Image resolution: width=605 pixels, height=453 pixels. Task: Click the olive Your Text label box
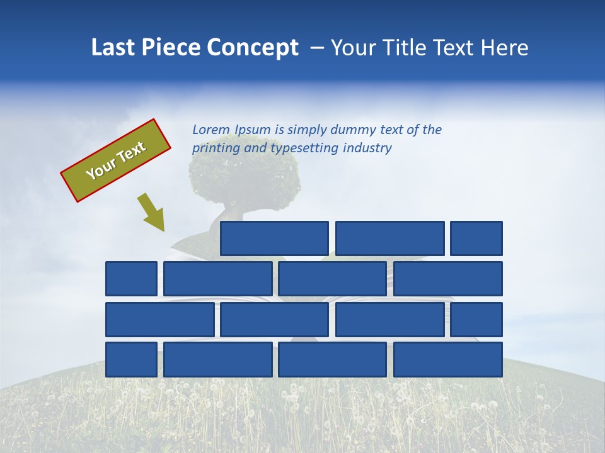(115, 160)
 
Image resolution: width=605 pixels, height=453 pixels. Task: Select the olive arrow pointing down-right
(151, 213)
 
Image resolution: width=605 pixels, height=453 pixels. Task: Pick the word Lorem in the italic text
(210, 130)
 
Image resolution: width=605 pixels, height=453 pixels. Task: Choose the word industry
(367, 148)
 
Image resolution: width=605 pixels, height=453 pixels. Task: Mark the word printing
(214, 148)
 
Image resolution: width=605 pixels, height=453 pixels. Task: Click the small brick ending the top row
(476, 238)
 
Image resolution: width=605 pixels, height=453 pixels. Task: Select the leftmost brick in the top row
(274, 238)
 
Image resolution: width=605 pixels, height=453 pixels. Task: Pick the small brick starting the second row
(131, 279)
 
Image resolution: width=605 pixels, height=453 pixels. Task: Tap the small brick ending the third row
(476, 320)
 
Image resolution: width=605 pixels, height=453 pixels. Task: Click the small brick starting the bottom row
(131, 359)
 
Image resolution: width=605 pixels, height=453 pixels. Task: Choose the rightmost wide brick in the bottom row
(447, 359)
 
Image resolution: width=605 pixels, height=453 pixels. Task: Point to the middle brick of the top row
(389, 238)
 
